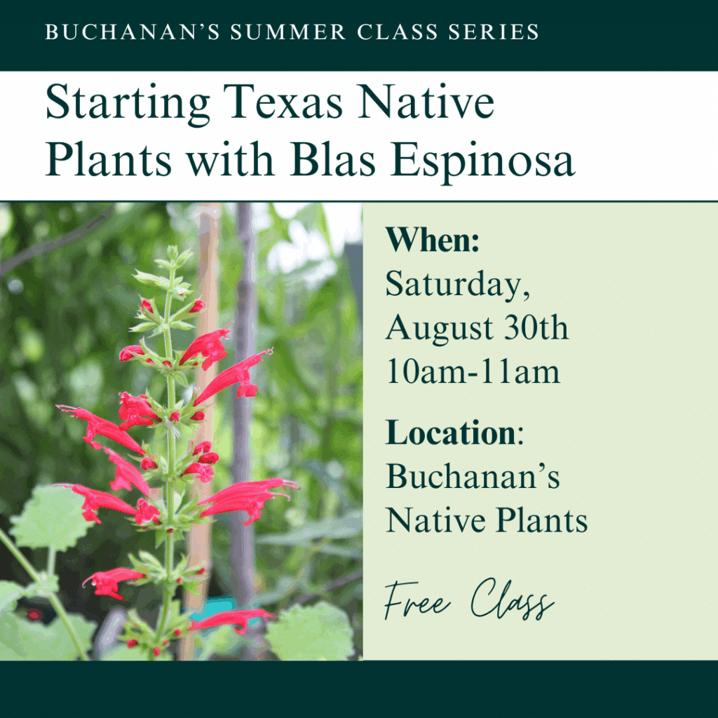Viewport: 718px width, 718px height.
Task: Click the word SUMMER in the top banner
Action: point(287,32)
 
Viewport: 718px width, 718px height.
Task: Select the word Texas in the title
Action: point(283,102)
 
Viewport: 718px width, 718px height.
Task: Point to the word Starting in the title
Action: point(128,104)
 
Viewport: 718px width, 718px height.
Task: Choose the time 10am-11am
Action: point(473,371)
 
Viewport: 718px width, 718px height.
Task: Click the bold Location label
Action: point(451,432)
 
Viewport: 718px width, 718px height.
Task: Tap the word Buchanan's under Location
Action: point(473,476)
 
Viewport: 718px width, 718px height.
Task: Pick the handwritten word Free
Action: point(417,600)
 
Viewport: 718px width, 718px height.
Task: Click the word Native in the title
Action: point(426,102)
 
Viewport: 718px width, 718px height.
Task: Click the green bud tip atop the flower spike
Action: point(172,252)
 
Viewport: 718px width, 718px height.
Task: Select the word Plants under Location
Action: point(542,521)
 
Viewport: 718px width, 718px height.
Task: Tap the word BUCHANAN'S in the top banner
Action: point(133,32)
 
